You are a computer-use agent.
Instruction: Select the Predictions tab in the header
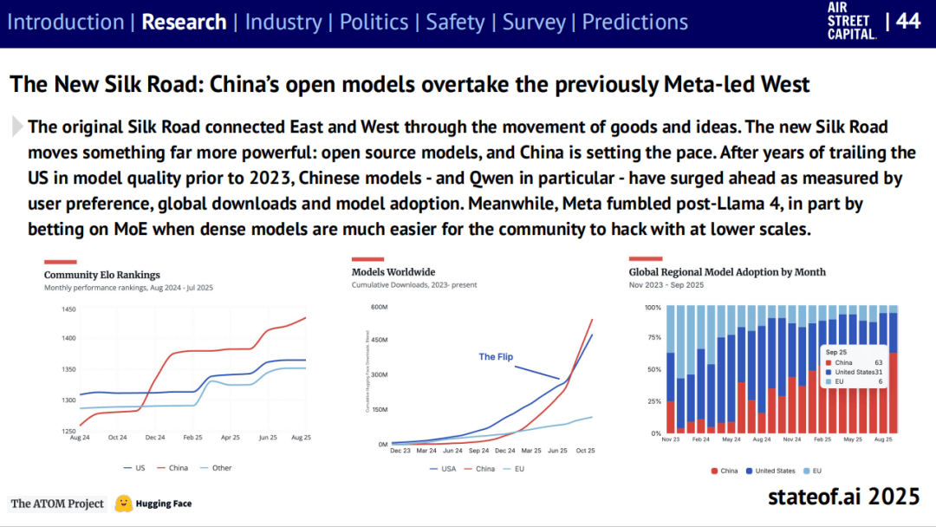click(x=634, y=22)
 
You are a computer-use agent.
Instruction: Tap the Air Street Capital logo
click(x=852, y=22)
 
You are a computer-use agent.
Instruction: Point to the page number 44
click(x=907, y=21)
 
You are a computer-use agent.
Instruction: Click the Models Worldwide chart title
click(x=393, y=272)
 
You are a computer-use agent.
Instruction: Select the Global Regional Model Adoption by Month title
click(x=727, y=272)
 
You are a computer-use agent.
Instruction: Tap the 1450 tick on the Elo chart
click(x=68, y=309)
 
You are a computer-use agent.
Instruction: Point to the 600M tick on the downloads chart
click(x=379, y=307)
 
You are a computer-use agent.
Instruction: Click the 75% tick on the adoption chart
click(x=652, y=339)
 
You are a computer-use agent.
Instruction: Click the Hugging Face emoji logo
click(x=124, y=503)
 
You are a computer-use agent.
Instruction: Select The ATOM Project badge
click(x=57, y=504)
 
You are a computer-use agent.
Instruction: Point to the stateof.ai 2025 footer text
click(x=842, y=497)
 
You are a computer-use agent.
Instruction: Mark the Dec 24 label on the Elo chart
click(x=156, y=439)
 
